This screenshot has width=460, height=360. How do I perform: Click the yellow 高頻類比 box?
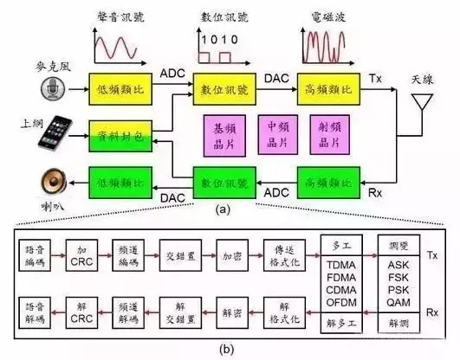click(x=328, y=89)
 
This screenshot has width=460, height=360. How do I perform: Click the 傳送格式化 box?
click(x=288, y=255)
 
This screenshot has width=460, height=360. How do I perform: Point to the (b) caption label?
click(x=228, y=349)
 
